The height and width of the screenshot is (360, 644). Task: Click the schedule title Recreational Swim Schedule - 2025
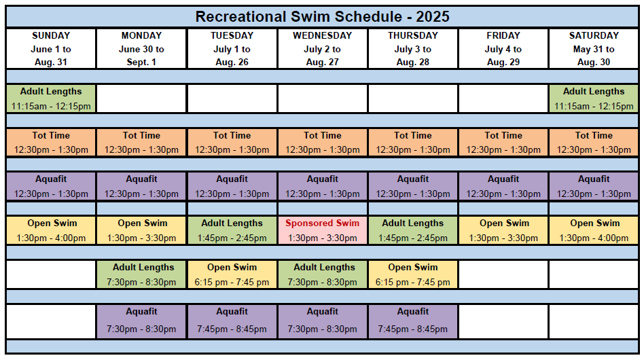(x=323, y=17)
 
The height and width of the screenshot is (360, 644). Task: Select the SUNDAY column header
(x=51, y=36)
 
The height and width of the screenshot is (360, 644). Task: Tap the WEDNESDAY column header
(x=323, y=36)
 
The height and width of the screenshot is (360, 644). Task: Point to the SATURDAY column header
(x=594, y=36)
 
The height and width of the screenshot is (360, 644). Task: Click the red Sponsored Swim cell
(x=323, y=230)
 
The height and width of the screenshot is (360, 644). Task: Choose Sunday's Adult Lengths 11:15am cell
(x=51, y=98)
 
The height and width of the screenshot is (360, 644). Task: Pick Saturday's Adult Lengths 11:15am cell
(x=594, y=98)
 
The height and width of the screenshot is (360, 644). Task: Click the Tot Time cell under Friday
(x=503, y=143)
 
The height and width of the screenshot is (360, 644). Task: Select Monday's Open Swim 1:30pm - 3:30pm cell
(x=142, y=230)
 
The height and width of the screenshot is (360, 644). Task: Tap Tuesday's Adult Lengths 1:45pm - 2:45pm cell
(x=232, y=230)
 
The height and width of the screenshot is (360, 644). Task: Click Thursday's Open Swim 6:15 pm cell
(x=413, y=274)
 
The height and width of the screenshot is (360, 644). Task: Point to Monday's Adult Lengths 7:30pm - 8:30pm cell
(x=142, y=274)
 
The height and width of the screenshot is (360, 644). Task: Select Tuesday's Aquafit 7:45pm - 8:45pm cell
(x=232, y=321)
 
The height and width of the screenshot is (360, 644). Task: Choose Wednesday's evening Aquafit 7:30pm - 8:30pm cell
(x=323, y=321)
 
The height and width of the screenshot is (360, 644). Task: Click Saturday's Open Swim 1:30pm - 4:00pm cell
(x=594, y=230)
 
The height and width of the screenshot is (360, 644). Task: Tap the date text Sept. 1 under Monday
(x=141, y=62)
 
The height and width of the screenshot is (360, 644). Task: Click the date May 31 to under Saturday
(x=594, y=50)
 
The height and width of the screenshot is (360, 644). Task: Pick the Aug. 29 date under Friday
(x=503, y=62)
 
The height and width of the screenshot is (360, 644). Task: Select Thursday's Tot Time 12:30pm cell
(x=413, y=143)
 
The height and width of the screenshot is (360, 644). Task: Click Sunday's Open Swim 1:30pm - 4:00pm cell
(x=51, y=230)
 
